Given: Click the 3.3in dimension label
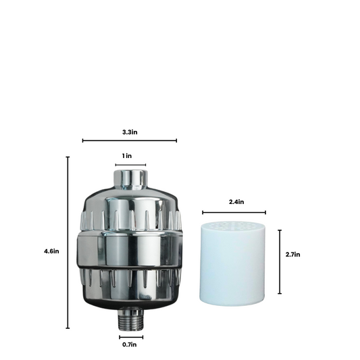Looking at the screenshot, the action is pyautogui.click(x=130, y=132).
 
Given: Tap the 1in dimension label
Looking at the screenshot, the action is pyautogui.click(x=127, y=156).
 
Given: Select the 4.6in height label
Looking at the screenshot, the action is pyautogui.click(x=51, y=251).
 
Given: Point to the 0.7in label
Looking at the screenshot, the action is pyautogui.click(x=130, y=344).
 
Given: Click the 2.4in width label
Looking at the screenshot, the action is pyautogui.click(x=236, y=202).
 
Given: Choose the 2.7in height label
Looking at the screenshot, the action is pyautogui.click(x=292, y=255).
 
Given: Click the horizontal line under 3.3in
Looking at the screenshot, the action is pyautogui.click(x=130, y=140).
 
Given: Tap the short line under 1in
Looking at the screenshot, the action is pyautogui.click(x=130, y=165).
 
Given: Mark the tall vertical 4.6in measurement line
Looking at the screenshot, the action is pyautogui.click(x=68, y=242).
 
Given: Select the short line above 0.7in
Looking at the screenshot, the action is pyautogui.click(x=131, y=337).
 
